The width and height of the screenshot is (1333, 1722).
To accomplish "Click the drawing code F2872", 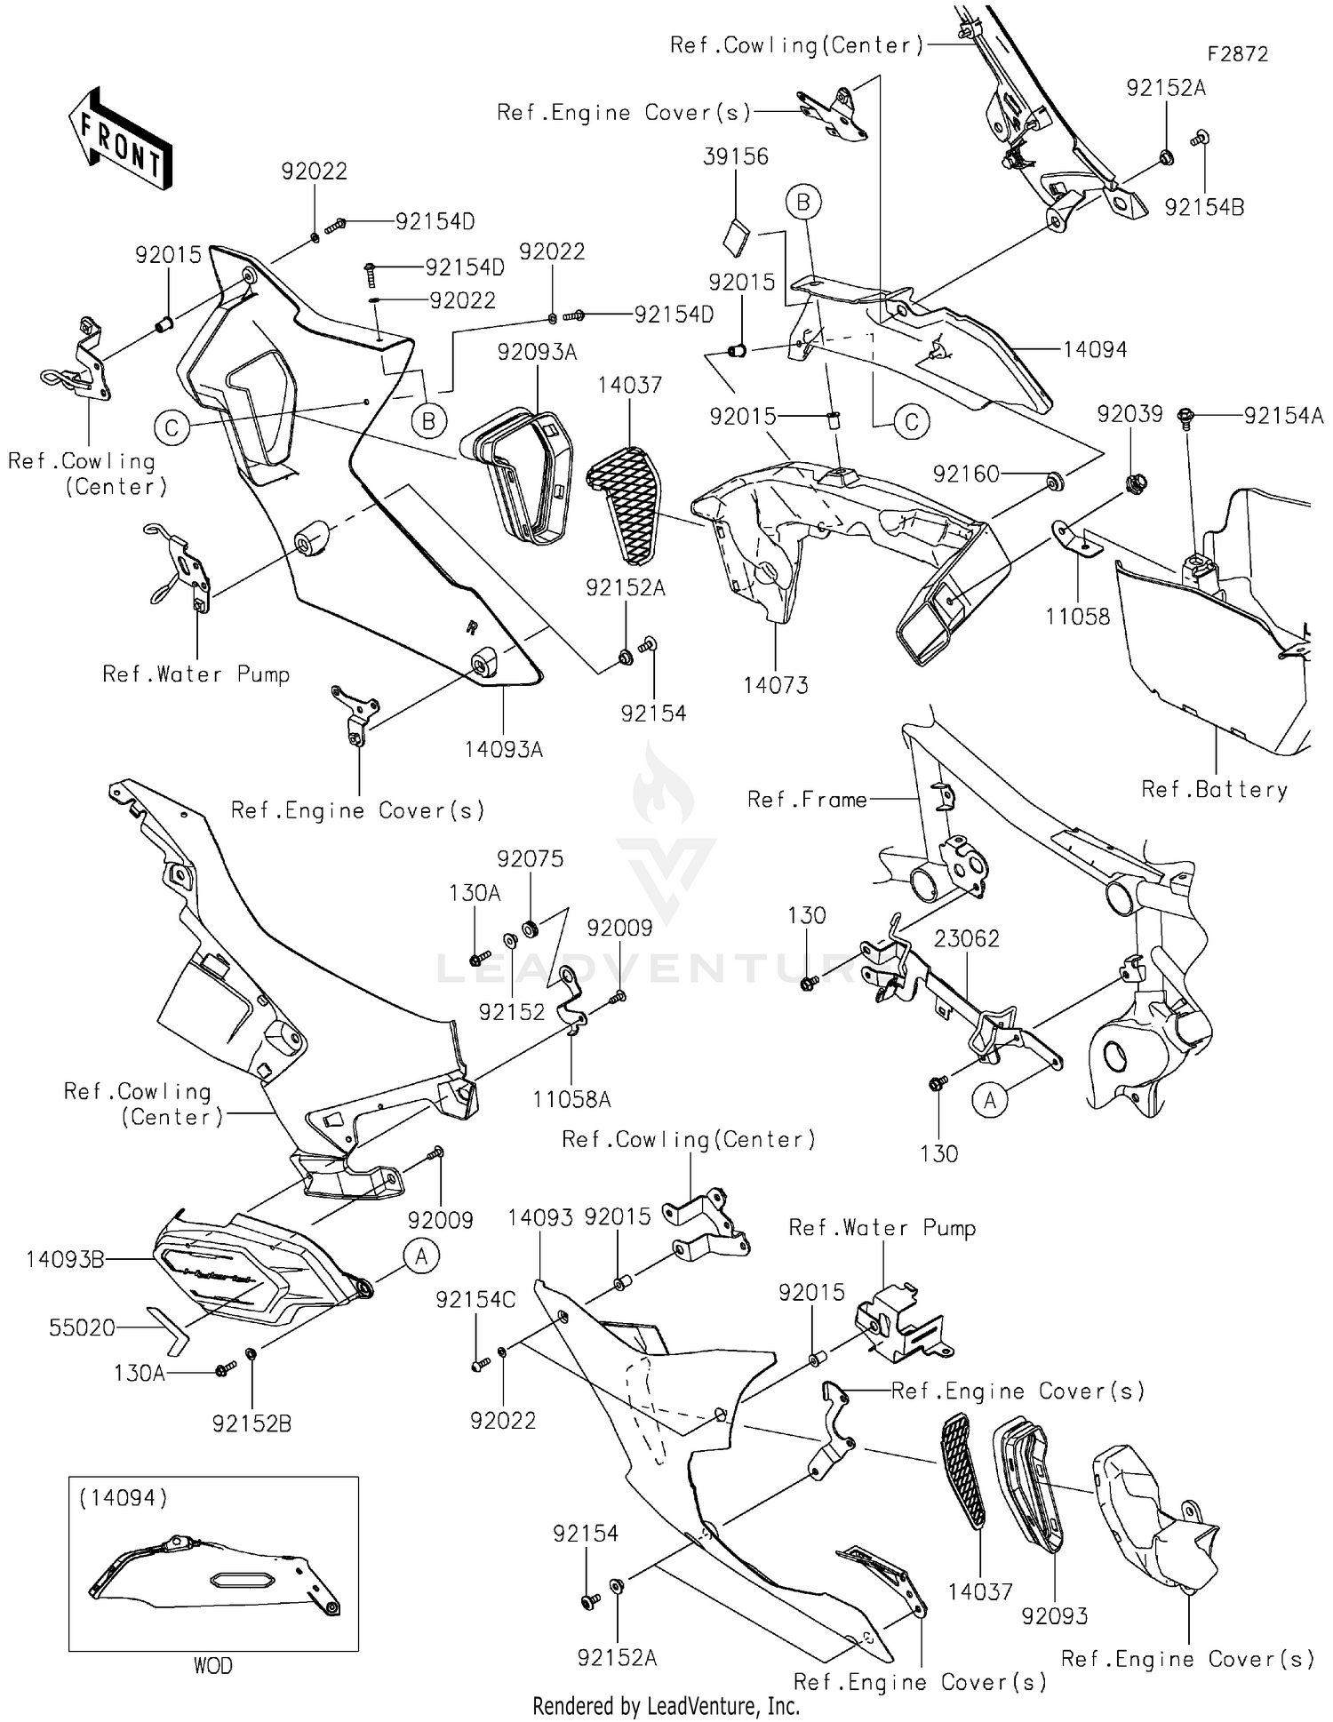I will click(1237, 54).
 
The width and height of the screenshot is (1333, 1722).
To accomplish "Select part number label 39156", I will click(736, 156).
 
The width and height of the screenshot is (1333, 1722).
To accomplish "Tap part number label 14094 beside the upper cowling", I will click(1095, 349).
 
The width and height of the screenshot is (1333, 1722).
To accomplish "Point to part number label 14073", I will click(776, 685).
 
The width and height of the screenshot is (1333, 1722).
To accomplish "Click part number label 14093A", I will click(503, 749).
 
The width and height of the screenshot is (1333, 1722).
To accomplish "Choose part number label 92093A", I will click(537, 352).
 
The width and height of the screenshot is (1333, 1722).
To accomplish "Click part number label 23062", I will click(967, 938).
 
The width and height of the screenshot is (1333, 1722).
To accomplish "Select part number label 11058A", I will click(571, 1099).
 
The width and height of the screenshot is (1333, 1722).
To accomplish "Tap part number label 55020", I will click(82, 1327).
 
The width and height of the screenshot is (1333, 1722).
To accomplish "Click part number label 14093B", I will click(65, 1259).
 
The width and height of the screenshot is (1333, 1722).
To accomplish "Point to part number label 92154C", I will click(475, 1299).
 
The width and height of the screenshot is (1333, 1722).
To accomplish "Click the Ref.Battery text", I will click(1214, 789).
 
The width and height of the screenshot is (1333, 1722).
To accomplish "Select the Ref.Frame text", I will click(807, 800).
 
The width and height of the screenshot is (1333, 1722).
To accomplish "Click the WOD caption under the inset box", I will click(213, 1665).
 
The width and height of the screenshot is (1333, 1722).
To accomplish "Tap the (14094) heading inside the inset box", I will click(123, 1498).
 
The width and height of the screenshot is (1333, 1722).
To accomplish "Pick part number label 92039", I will click(1129, 414).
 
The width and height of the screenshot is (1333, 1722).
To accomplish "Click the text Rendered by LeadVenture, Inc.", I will click(666, 1706).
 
